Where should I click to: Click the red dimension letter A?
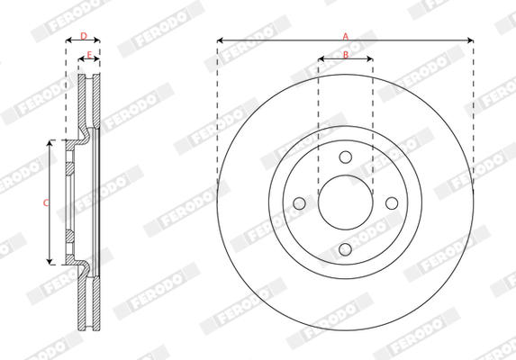coord(345,36)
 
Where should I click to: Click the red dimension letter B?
coord(346,55)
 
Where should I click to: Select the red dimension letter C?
coord(46,202)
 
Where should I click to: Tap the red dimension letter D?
coord(84,36)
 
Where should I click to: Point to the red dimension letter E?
coord(89,55)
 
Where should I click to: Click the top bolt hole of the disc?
coord(345,157)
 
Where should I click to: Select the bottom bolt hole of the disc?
coord(345,249)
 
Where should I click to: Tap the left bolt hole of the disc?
coord(299,203)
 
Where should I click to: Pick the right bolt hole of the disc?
coord(392,203)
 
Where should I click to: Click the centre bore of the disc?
coord(345,202)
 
